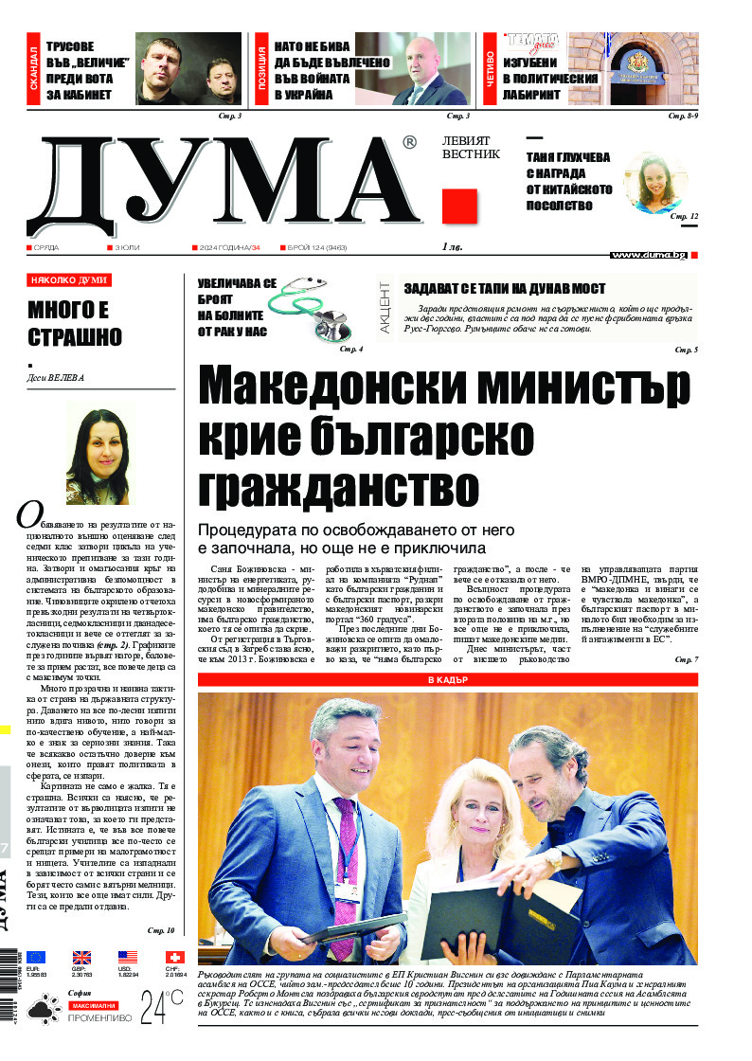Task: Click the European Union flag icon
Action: click(x=37, y=958)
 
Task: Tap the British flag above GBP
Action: click(x=82, y=958)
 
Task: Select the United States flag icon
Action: click(x=128, y=958)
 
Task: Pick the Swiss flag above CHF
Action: click(x=174, y=958)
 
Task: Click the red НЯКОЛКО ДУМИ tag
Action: click(x=69, y=280)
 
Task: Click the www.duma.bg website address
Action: click(x=648, y=255)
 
